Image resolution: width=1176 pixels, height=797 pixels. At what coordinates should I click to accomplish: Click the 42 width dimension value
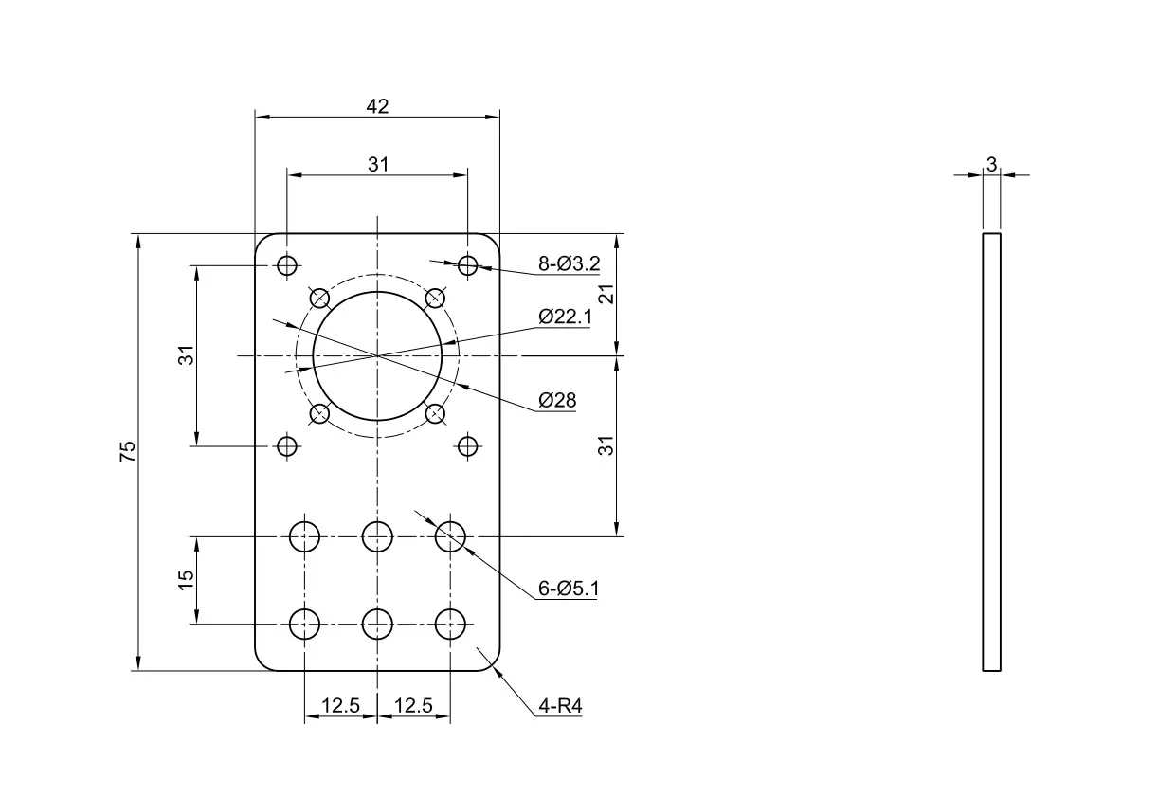(377, 106)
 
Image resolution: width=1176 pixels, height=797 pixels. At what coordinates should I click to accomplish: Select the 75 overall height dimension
(128, 451)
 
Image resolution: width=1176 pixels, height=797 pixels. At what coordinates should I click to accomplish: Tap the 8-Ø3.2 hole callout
(570, 263)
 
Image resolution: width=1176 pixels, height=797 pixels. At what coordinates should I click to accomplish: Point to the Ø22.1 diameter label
(565, 317)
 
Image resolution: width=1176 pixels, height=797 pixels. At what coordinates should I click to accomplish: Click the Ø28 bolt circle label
(557, 401)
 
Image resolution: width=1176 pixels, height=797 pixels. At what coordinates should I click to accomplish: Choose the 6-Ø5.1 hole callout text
(569, 589)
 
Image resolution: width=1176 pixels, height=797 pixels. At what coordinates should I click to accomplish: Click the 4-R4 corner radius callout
(560, 706)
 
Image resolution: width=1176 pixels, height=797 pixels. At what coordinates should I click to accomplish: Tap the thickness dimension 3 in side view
(991, 165)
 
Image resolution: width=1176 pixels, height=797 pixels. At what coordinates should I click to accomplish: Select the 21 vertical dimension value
(606, 294)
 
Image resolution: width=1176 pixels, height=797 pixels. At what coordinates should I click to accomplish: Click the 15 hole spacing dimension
(187, 580)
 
